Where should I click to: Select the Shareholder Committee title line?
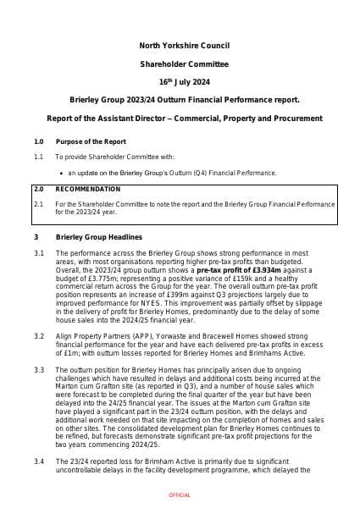180,63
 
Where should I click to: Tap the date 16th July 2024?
180,82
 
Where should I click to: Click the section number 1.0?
38,141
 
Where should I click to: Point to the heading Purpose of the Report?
91,141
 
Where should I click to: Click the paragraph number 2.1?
38,204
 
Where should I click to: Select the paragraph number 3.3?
38,371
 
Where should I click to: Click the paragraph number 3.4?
38,461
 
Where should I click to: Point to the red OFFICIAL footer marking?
180,494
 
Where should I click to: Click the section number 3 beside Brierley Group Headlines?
36,236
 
